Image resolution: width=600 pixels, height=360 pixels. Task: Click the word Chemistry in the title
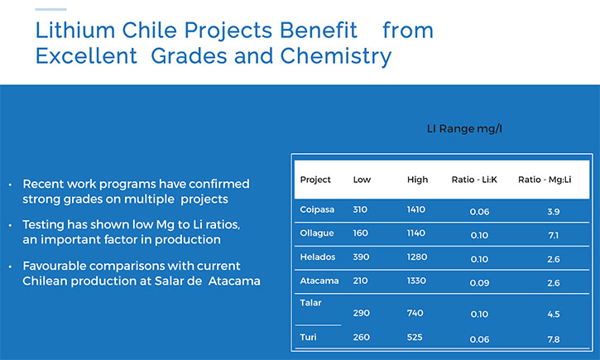coord(336,56)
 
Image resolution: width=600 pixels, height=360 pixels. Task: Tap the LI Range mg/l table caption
coord(464,129)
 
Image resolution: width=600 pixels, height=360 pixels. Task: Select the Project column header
coord(315,180)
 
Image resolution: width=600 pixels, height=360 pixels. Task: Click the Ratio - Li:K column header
coord(474,180)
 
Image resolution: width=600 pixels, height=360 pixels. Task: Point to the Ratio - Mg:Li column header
coord(545,180)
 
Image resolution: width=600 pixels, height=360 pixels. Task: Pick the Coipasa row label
coord(317,210)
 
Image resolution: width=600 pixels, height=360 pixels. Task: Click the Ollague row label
coord(316,233)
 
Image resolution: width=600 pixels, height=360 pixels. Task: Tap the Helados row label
coord(317,257)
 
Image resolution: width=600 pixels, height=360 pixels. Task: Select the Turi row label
coord(308,337)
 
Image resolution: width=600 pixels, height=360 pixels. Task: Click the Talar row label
coord(310,303)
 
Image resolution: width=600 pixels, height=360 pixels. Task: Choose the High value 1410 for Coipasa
coord(416,209)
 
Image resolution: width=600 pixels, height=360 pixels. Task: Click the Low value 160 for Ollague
coord(360,233)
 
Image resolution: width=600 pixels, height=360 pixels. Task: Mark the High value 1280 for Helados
coord(417,257)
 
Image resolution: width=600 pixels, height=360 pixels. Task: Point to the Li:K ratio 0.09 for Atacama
coord(479,283)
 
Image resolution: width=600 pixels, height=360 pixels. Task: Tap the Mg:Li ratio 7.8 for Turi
coord(554,339)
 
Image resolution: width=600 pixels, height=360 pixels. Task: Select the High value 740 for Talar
coord(415,313)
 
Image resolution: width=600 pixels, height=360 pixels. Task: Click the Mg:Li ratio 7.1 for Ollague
coord(554,235)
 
